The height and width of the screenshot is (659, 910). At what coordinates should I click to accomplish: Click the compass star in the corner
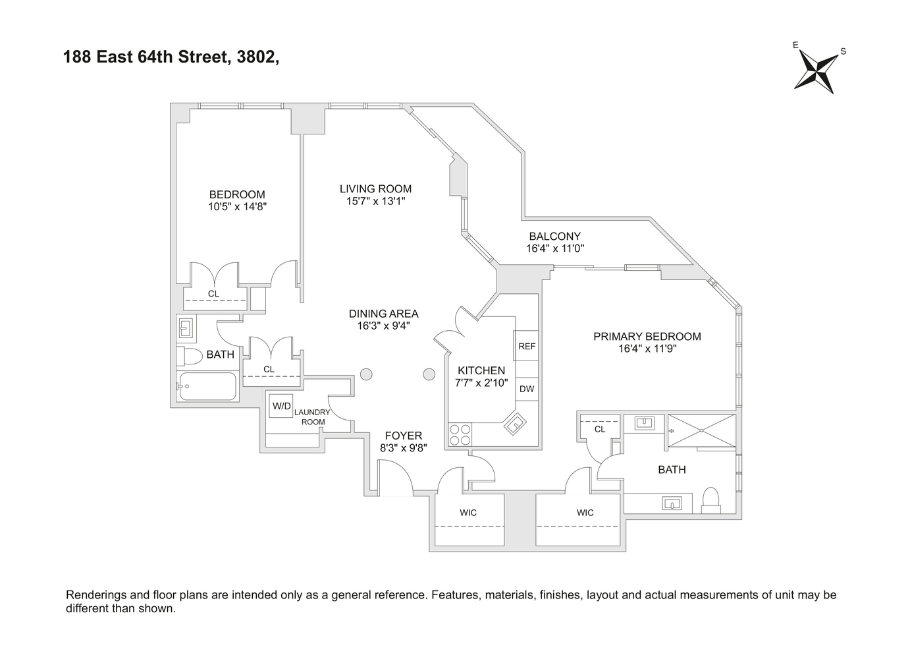click(816, 75)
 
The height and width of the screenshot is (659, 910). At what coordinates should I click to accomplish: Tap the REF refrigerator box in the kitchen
click(527, 346)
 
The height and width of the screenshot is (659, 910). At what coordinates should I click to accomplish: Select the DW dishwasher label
click(527, 389)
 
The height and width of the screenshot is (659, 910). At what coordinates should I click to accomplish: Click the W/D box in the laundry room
click(282, 406)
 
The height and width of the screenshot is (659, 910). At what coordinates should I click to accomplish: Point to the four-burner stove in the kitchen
click(460, 435)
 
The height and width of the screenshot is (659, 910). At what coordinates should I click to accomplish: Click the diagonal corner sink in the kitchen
click(515, 424)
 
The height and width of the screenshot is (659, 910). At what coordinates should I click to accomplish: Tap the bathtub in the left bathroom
click(207, 386)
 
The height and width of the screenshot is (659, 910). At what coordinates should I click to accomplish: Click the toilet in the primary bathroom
click(710, 500)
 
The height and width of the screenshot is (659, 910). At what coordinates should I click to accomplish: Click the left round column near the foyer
click(366, 374)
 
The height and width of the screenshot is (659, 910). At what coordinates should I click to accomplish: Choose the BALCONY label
click(555, 236)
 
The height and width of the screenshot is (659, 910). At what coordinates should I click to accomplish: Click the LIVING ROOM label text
click(376, 189)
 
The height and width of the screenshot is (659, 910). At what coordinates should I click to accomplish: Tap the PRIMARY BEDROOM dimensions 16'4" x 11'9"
click(647, 349)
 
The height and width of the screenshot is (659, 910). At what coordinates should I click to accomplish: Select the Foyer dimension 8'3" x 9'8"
click(404, 448)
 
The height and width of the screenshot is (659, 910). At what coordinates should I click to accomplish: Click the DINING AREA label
click(383, 314)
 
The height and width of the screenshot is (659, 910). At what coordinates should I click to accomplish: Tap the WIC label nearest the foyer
click(468, 513)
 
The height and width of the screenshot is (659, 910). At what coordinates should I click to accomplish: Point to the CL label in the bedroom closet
click(213, 293)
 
